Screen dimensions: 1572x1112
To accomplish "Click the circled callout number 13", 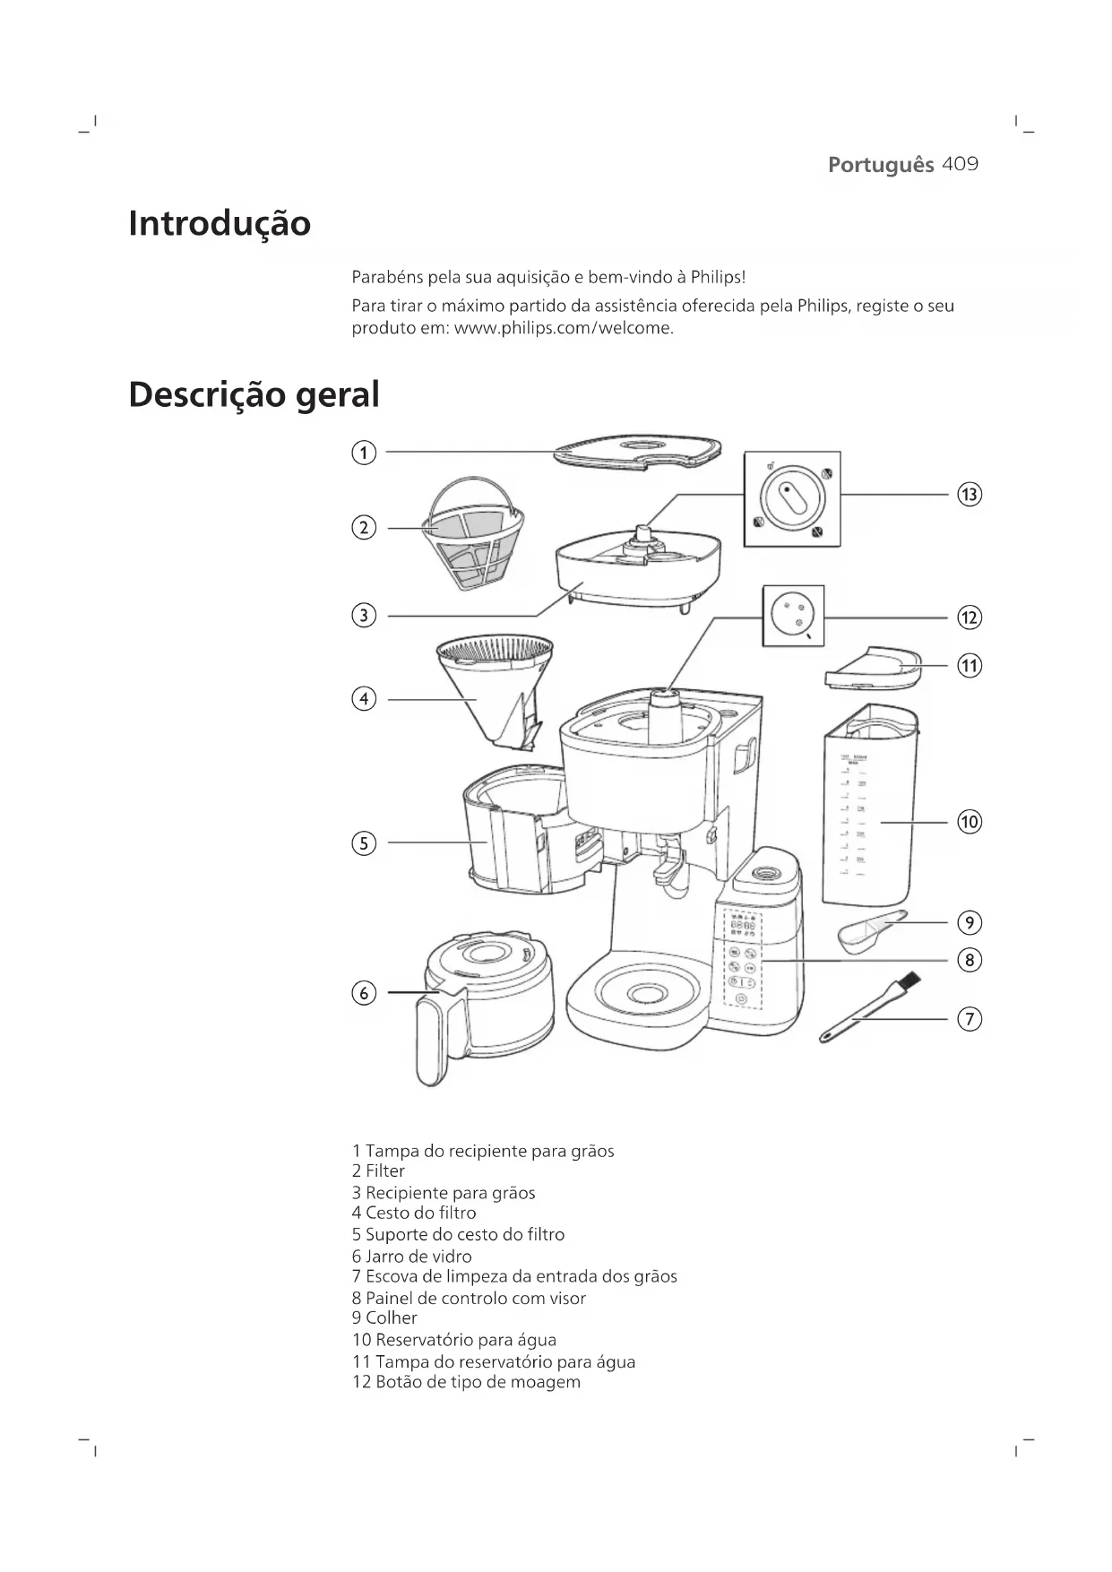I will (970, 494).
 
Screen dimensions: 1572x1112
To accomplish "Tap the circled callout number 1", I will (363, 453).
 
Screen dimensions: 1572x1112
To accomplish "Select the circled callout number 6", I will (363, 993).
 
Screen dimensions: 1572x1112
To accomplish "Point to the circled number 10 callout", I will (970, 822).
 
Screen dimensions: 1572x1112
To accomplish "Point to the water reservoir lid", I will (872, 668).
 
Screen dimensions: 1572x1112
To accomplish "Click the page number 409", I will (961, 165).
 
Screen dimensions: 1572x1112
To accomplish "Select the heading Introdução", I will (220, 223).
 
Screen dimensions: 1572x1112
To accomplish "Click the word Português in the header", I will (880, 165).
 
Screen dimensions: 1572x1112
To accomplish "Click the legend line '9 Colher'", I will (384, 1318).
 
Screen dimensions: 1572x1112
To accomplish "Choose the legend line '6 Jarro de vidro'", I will (411, 1257).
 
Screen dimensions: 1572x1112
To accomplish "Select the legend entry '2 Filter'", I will (378, 1171).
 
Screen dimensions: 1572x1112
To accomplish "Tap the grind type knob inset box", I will (793, 616).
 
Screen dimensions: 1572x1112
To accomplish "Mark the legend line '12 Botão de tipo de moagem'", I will (466, 1382).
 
